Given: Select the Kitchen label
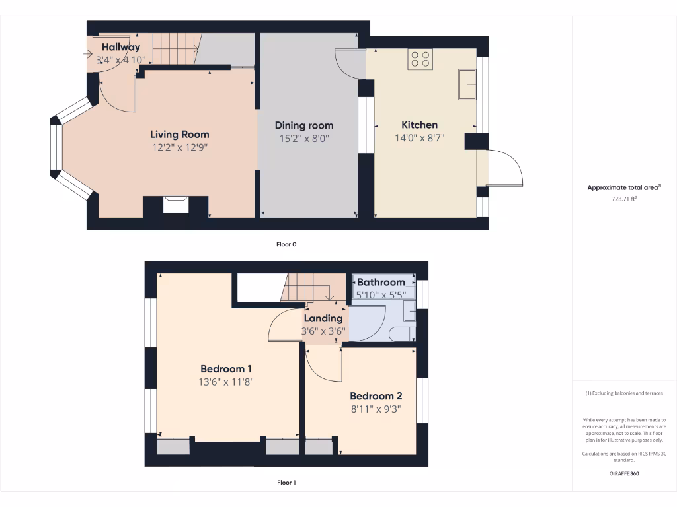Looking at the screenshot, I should point(419,125).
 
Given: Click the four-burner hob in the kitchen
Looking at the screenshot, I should point(420,59).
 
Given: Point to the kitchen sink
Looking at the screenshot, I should point(467,84).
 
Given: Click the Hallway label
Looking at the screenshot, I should point(121,47).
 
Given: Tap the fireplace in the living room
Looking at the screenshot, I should point(176,205).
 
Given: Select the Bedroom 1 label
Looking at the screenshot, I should point(226,369).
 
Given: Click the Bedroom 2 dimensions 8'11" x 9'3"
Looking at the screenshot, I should point(376,409).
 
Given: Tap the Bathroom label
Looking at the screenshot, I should point(381,282).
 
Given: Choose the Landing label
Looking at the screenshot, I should point(323,318).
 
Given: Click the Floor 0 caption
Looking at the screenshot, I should point(286,244).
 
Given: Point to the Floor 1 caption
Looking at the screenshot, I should point(286,483).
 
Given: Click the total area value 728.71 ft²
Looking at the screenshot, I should point(624,198).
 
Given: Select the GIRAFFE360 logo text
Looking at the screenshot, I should point(624,473).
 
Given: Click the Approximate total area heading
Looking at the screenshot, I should point(623,187).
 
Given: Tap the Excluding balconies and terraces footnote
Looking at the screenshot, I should point(624,393).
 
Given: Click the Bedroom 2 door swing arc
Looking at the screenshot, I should point(324,370).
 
